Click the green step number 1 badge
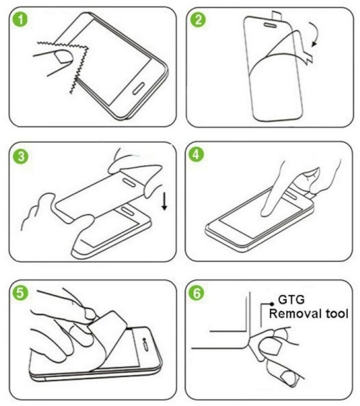pos(20,20)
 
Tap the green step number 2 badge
pos(198,20)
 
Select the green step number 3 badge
pos(21,157)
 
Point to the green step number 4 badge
pos(196,155)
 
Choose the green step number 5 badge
pos(20,293)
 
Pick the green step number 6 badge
pos(197,293)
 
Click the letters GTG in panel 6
pos(291,300)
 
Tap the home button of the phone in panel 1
pos(138,89)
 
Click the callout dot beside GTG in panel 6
pos(272,304)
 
